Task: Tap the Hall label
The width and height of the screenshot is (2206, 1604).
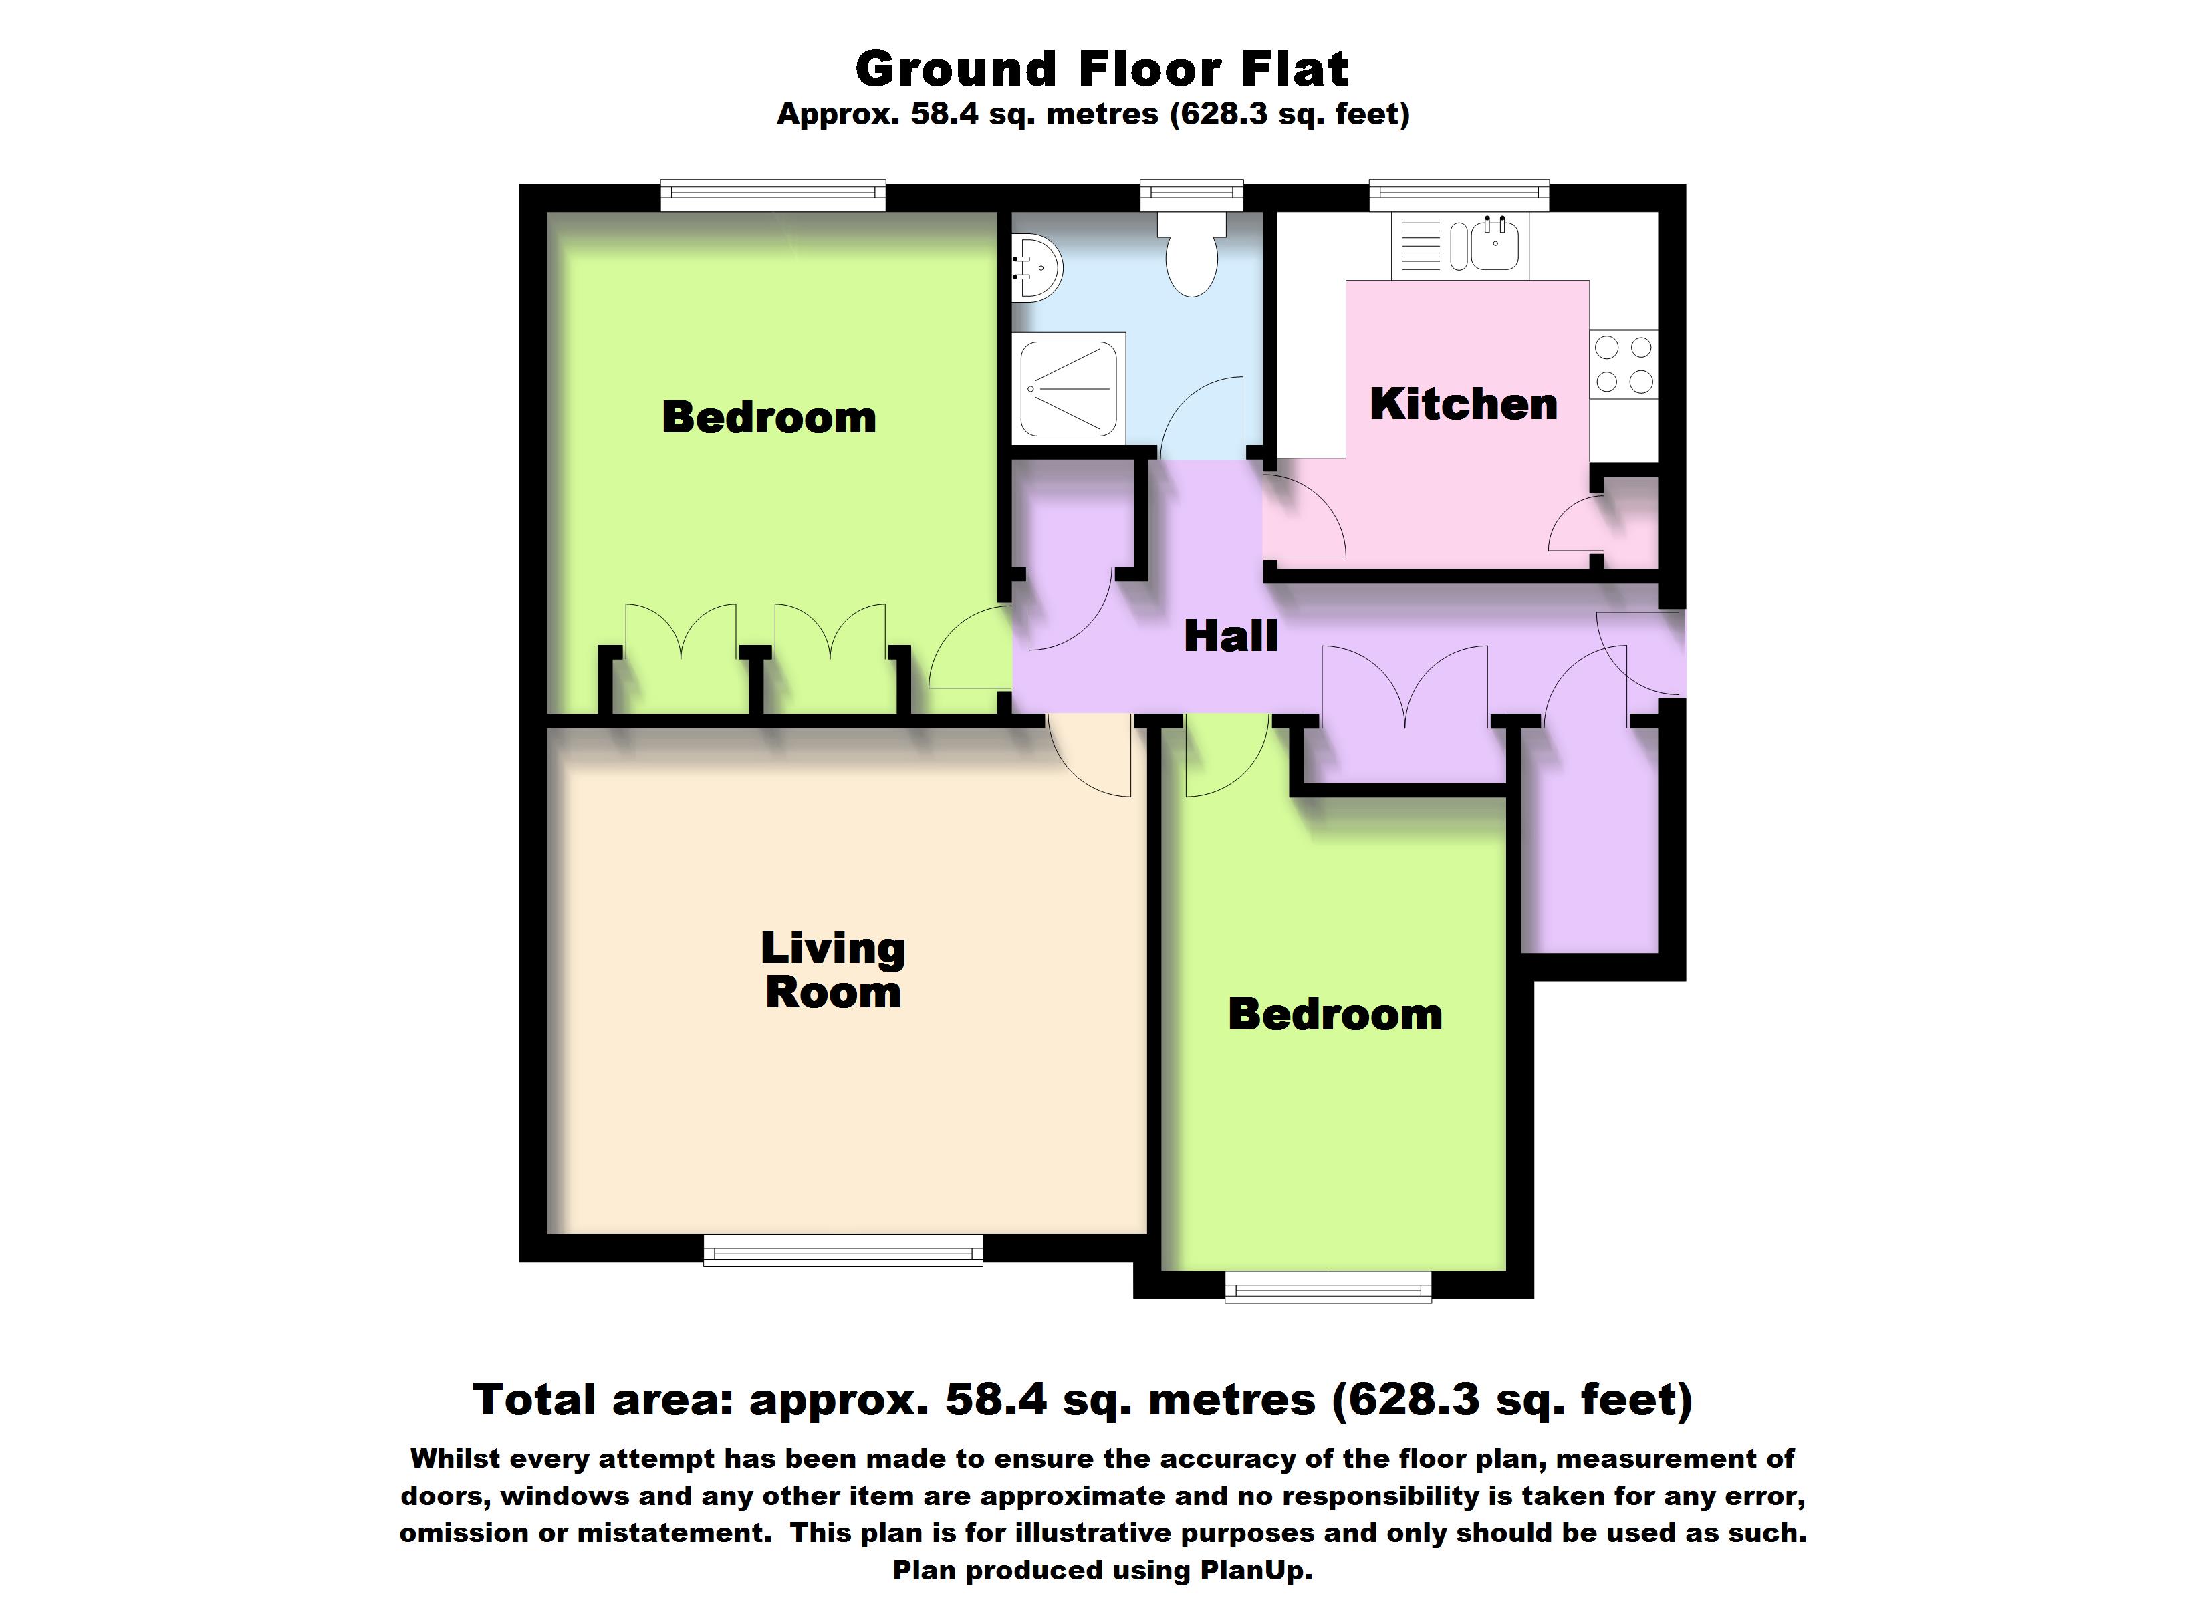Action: [1231, 636]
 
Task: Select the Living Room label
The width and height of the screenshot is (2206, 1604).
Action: [833, 970]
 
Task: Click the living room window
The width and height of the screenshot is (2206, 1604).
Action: [842, 1251]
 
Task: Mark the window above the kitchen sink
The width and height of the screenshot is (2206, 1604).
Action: [1459, 194]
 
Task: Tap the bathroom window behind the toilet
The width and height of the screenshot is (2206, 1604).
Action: [1191, 194]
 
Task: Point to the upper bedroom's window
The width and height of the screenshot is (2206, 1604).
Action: [773, 194]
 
